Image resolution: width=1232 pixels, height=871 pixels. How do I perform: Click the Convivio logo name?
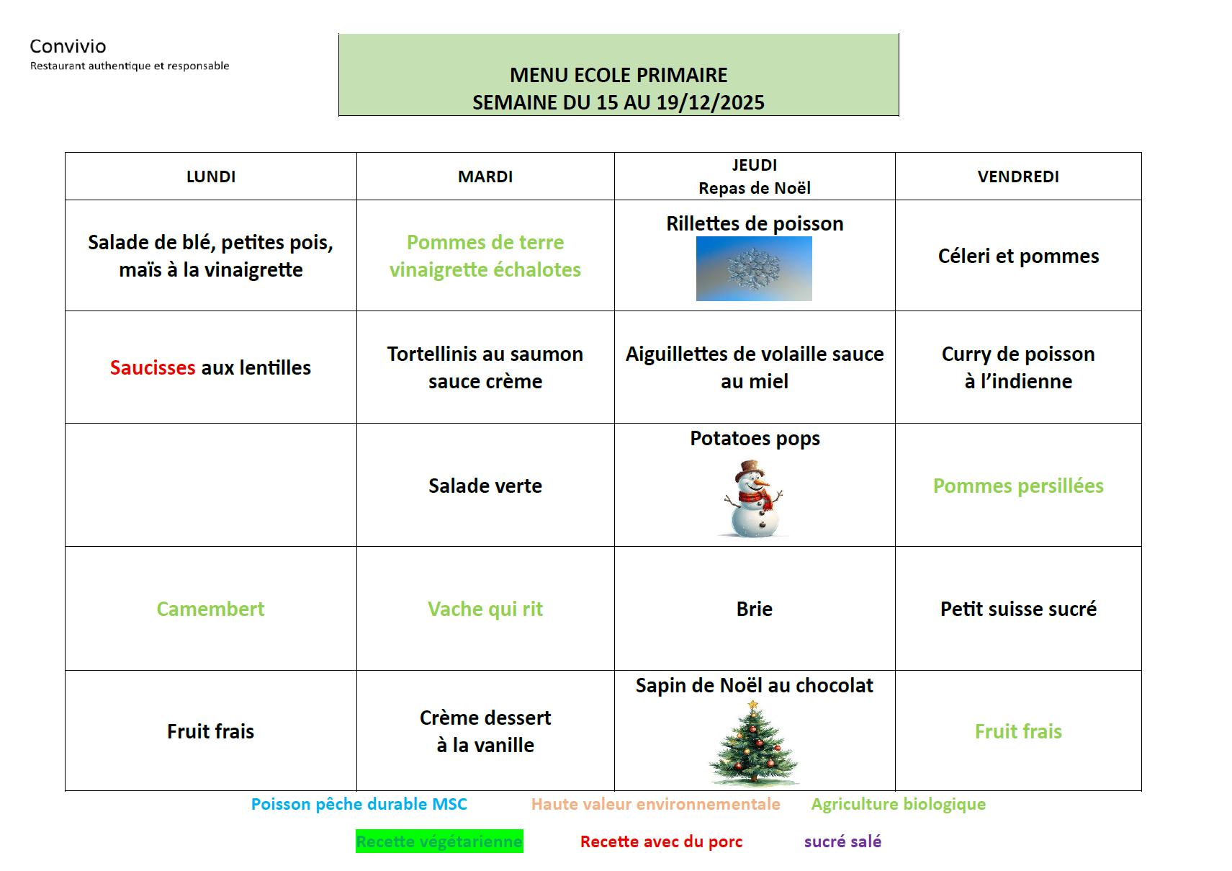point(68,46)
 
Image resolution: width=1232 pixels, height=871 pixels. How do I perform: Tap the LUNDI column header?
point(211,177)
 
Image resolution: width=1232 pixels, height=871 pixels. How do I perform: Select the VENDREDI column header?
point(1018,177)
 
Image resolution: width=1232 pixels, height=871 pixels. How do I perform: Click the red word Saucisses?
point(153,367)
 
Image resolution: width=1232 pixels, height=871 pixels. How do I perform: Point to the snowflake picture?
point(754,269)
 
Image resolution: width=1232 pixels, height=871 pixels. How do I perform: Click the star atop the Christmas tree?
point(753,705)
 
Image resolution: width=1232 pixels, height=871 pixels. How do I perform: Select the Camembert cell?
point(211,609)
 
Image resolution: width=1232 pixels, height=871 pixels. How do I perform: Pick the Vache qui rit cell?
point(485,609)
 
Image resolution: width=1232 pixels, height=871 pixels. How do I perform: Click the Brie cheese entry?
point(755,609)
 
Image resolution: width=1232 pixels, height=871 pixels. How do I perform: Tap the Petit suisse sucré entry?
point(1018,609)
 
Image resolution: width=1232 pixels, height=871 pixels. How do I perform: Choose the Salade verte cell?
point(485,486)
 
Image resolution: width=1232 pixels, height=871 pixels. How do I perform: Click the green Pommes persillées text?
point(1018,486)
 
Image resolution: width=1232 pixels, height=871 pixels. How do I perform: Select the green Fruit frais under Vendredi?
point(1018,731)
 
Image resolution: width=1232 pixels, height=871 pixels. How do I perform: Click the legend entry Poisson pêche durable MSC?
point(359,804)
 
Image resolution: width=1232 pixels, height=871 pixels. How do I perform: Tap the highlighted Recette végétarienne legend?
point(439,841)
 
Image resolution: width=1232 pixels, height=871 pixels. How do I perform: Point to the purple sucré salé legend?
point(842,841)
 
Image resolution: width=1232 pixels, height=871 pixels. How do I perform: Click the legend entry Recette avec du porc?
point(661,841)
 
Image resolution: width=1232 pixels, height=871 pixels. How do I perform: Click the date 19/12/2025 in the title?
point(710,102)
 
